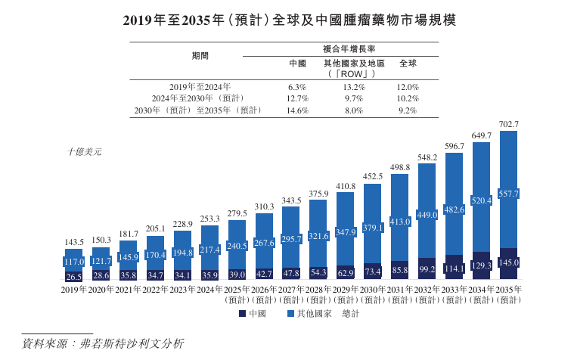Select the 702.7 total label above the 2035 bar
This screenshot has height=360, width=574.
(508, 123)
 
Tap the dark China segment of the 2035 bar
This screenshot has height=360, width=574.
(508, 264)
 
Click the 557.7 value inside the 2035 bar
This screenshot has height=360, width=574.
(508, 194)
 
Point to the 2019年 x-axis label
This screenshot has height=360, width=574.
(74, 290)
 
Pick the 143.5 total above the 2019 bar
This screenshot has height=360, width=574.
(74, 242)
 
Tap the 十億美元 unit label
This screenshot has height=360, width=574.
(84, 151)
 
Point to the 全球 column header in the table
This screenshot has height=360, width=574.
(408, 64)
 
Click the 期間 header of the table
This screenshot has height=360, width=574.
(200, 56)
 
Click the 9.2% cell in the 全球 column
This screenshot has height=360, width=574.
(408, 111)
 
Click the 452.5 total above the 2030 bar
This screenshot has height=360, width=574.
(373, 176)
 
